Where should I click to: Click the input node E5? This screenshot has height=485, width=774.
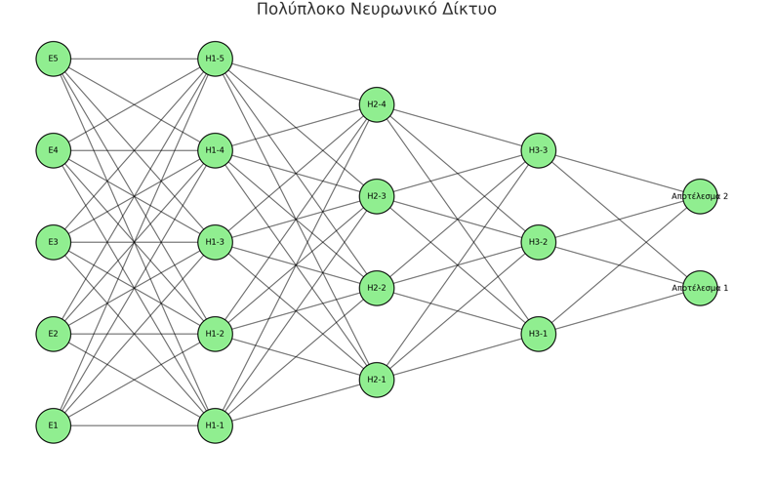54,59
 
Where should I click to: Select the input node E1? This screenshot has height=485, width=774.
54,425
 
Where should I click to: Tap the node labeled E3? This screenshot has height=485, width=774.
54,242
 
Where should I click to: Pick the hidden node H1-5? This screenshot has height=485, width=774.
215,59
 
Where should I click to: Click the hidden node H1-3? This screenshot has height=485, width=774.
215,242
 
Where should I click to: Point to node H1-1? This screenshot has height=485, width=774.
215,425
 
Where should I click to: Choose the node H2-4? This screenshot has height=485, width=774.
377,104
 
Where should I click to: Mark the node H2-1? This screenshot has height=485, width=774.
377,380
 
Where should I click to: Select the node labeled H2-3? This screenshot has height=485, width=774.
377,196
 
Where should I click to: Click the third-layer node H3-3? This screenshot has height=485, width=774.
539,150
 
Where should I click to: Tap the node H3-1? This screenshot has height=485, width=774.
539,334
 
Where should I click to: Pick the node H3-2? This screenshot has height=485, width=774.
539,242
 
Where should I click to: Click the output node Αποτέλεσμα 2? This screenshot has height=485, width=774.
700,196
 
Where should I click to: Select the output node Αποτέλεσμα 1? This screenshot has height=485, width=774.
700,288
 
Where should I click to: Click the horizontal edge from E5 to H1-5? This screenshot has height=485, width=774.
134,59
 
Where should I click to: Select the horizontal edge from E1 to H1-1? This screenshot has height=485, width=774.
134,425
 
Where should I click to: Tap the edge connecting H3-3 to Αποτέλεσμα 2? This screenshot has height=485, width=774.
619,173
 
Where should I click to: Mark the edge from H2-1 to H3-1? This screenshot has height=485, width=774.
458,357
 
